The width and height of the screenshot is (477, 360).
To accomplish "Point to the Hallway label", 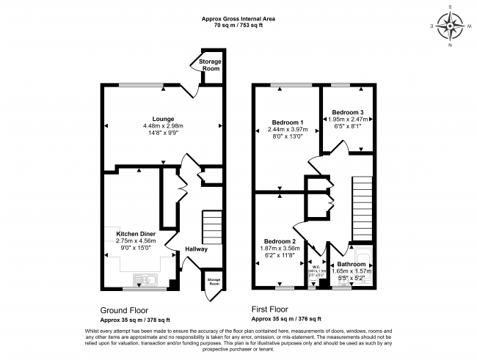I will click(196, 249).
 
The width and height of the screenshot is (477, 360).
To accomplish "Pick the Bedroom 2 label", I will click(279, 241).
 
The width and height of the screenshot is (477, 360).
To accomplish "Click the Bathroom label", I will click(352, 264).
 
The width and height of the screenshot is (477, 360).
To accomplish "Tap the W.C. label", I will click(318, 265).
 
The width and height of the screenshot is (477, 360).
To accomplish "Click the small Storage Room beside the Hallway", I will click(213, 282).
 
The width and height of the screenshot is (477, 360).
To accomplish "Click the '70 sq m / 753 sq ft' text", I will click(238, 25).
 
